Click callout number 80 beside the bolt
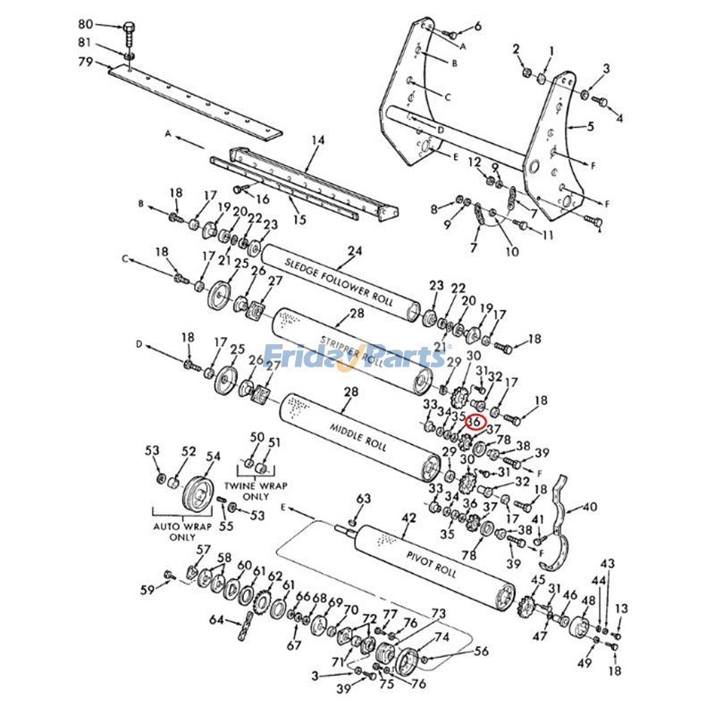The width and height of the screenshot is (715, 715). pyautogui.click(x=86, y=24)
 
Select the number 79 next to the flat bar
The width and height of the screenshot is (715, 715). pyautogui.click(x=86, y=62)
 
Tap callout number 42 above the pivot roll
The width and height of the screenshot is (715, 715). pyautogui.click(x=408, y=518)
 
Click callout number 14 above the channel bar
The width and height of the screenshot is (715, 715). pyautogui.click(x=318, y=139)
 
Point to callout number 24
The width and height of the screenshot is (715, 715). pyautogui.click(x=355, y=251)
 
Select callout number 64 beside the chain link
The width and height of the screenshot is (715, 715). pyautogui.click(x=215, y=618)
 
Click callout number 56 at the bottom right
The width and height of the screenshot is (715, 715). pyautogui.click(x=481, y=652)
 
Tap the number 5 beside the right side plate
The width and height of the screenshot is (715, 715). pyautogui.click(x=590, y=127)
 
